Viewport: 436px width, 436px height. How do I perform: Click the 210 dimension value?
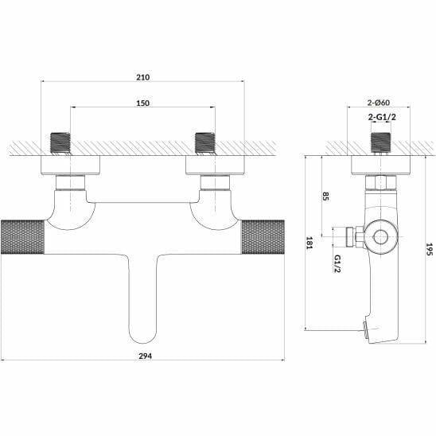(142, 77)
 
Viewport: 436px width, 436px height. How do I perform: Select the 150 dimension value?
(142, 103)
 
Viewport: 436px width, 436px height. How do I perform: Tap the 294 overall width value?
(142, 356)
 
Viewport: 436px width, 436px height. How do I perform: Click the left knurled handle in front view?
(25, 234)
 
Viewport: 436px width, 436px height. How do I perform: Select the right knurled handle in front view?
(261, 234)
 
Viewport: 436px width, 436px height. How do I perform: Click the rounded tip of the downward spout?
(142, 330)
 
